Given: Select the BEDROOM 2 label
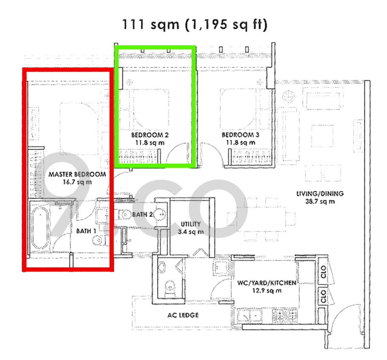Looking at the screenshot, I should pos(150,135).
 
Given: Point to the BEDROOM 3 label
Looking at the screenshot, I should pos(240,135).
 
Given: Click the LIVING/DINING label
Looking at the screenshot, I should pos(320,194).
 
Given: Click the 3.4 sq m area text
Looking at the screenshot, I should pos(190,232).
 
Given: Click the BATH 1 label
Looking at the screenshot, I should pos(86,231).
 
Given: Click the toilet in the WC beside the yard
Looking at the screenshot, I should pos(169,289).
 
